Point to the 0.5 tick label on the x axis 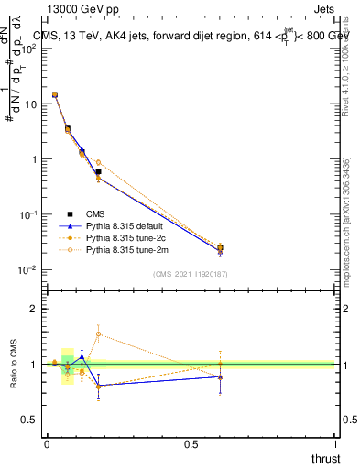click(191, 442)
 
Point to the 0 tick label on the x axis click(47, 442)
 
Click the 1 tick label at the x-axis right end click(336, 442)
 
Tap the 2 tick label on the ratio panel click(34, 309)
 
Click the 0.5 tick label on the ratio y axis click(29, 420)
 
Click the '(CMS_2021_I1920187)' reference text click(190, 274)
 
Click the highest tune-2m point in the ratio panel click(98, 333)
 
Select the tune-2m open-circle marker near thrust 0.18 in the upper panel click(98, 162)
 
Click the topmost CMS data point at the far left click(55, 94)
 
